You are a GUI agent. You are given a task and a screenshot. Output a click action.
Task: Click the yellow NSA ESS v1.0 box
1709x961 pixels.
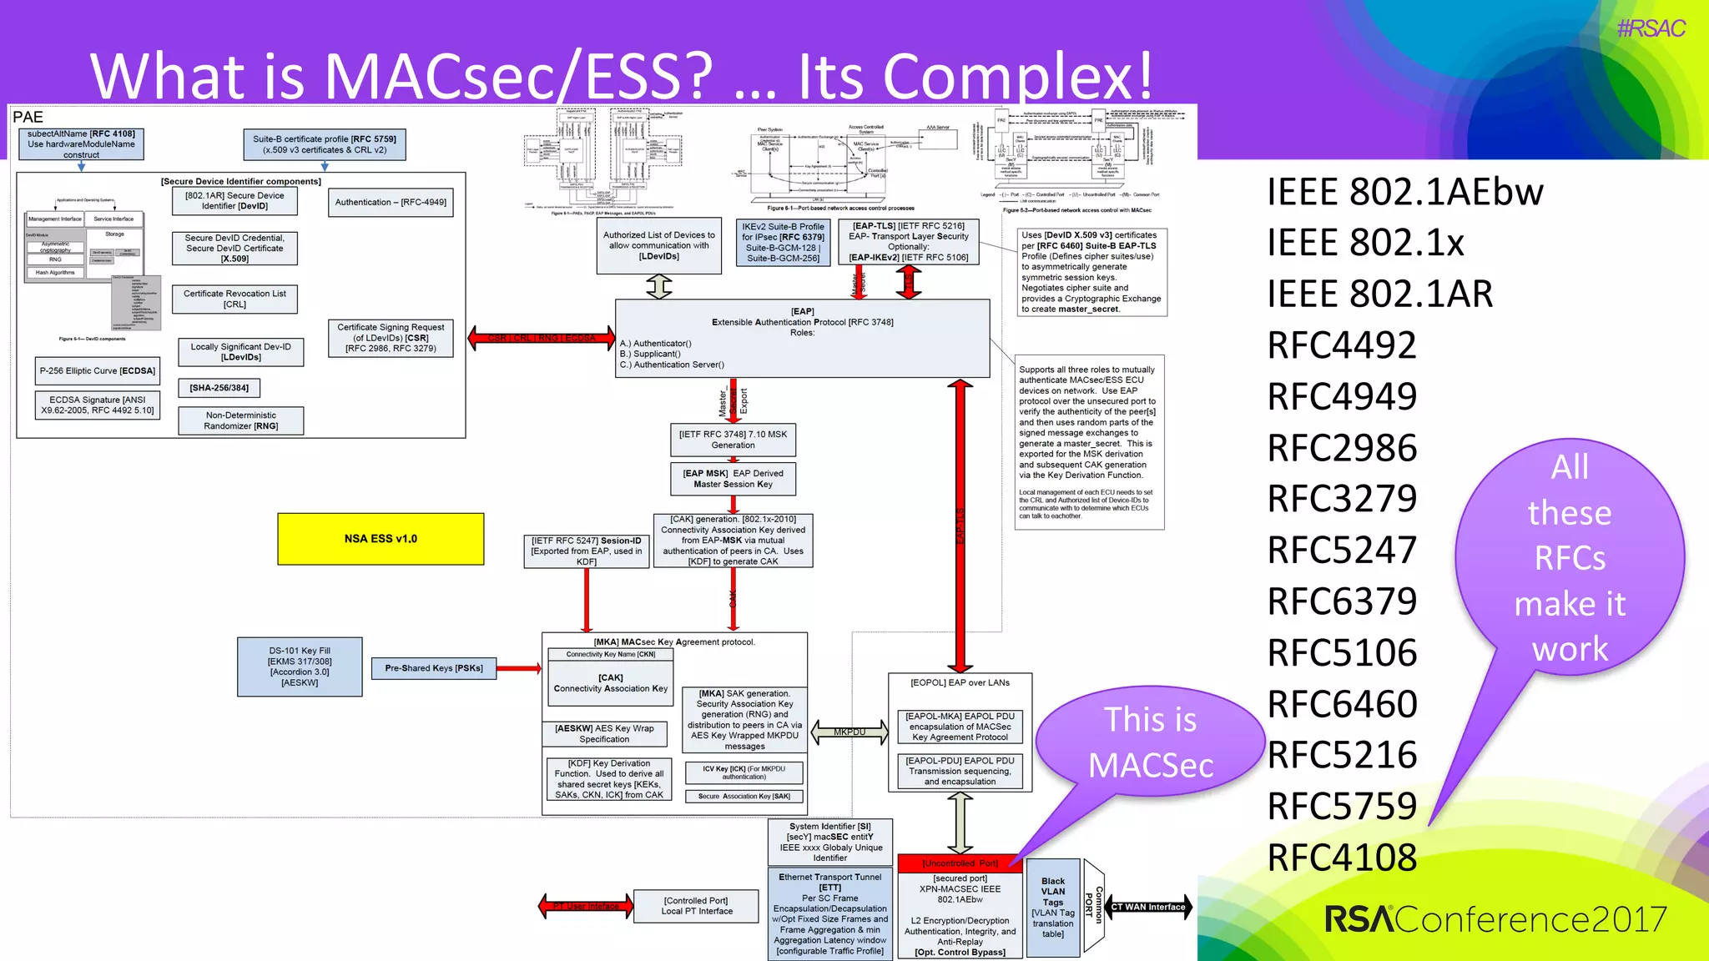tap(381, 539)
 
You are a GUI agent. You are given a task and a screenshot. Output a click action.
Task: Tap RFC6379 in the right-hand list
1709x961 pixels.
tap(1342, 601)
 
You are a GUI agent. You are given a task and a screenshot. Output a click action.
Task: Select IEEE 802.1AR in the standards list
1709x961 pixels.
tap(1379, 294)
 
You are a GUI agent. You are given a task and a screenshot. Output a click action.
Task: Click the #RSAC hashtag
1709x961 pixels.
tap(1651, 29)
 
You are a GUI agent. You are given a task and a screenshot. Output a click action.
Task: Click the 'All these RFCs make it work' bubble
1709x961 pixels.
tap(1569, 557)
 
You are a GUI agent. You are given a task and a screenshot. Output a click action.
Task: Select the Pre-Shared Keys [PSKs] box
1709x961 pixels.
tap(434, 668)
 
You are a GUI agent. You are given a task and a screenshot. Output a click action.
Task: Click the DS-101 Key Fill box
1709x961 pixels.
tap(300, 667)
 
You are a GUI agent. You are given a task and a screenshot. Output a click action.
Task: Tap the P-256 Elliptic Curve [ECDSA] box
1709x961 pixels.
tap(98, 371)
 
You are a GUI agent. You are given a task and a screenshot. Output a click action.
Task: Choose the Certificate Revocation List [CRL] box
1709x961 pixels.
tap(234, 299)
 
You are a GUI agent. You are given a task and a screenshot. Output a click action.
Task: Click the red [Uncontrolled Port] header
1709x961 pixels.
tap(960, 863)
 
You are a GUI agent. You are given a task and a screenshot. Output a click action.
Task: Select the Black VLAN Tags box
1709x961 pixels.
tap(1053, 907)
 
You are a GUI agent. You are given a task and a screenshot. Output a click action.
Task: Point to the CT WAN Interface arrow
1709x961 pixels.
tap(1149, 907)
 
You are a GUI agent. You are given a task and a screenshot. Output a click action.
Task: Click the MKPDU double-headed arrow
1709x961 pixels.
tap(849, 732)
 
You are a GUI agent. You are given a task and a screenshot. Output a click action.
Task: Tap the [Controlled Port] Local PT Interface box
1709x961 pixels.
tap(697, 906)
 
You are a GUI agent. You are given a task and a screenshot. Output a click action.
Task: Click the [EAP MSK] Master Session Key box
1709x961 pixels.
tap(733, 479)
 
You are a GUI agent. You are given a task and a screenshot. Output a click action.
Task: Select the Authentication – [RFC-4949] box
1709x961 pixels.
tap(391, 202)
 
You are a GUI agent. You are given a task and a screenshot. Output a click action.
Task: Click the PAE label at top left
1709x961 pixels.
tap(28, 118)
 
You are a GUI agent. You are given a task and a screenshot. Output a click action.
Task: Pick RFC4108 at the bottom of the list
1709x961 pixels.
tap(1342, 858)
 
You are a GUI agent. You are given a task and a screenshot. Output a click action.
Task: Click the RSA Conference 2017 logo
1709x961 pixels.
tap(1495, 919)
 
